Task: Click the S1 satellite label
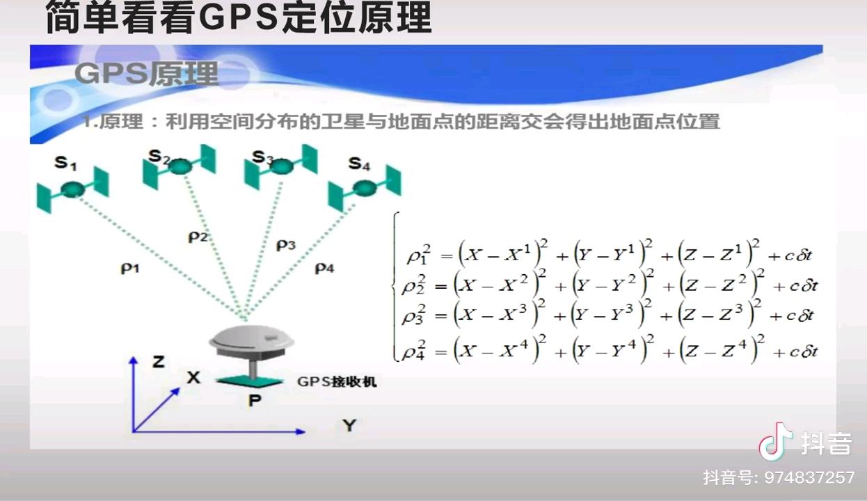[65, 164]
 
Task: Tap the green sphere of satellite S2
[180, 167]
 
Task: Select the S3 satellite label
[262, 158]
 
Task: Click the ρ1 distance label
[130, 267]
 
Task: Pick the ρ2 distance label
[198, 237]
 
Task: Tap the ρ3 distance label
[286, 244]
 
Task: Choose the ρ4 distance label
[324, 267]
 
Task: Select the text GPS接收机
[337, 381]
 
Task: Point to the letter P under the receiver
[255, 401]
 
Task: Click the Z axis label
[158, 362]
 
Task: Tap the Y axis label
[349, 425]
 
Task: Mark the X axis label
[193, 378]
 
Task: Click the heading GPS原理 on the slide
[146, 73]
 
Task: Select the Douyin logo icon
[775, 442]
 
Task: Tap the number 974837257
[809, 478]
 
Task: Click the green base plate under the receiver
[252, 381]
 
